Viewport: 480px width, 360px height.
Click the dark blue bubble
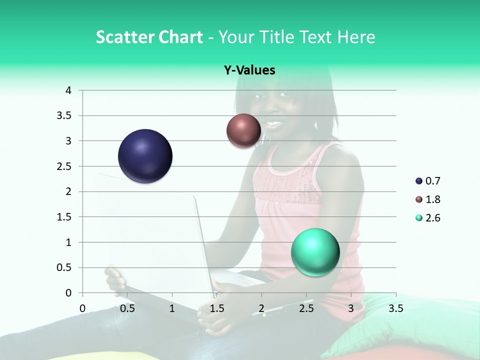pyautogui.click(x=145, y=156)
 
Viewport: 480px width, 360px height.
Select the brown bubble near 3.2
pyautogui.click(x=243, y=130)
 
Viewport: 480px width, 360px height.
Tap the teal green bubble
pyautogui.click(x=315, y=252)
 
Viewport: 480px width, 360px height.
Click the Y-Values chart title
pyautogui.click(x=249, y=70)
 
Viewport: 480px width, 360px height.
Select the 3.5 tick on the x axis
pyautogui.click(x=396, y=308)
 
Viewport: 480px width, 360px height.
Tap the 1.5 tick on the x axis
pyautogui.click(x=217, y=308)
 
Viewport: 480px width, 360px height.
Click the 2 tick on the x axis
pyautogui.click(x=261, y=308)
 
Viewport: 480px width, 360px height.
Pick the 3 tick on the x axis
pyautogui.click(x=351, y=308)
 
